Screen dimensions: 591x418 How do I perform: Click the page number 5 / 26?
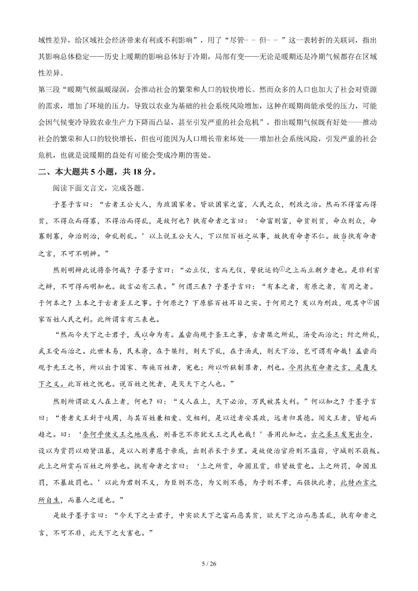click(209, 564)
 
